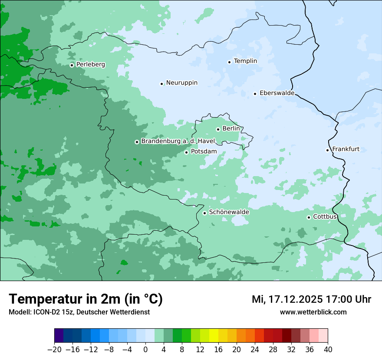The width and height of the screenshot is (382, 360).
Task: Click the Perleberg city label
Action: (x=90, y=65)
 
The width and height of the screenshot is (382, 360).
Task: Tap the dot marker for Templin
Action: (x=229, y=62)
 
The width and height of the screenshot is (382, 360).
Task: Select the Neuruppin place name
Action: (x=181, y=83)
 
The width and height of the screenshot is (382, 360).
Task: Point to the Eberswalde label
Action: (x=277, y=93)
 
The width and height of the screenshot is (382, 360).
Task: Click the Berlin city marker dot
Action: (x=218, y=129)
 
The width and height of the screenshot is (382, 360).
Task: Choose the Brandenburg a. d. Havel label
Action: (x=178, y=141)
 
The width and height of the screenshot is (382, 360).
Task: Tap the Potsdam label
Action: (x=204, y=151)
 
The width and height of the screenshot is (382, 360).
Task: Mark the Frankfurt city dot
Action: (x=328, y=150)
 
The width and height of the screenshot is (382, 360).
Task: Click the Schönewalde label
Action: (x=229, y=212)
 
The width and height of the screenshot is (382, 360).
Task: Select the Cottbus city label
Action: (x=325, y=216)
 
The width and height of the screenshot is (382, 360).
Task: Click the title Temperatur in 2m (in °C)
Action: (x=86, y=299)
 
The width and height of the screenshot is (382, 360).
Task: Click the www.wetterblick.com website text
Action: (x=313, y=312)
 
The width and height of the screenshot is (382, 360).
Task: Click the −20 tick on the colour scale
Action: (x=54, y=350)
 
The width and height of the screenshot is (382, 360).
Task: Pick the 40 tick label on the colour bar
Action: (x=328, y=350)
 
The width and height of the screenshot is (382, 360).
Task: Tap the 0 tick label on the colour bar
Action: (x=145, y=350)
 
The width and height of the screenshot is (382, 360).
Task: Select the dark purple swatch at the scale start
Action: (x=59, y=336)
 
